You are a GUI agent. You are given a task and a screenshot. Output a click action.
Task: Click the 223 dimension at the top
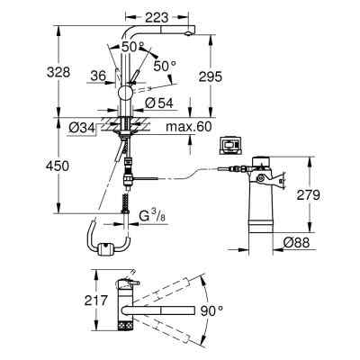click(x=157, y=18)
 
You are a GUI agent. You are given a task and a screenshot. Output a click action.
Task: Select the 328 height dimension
click(x=58, y=72)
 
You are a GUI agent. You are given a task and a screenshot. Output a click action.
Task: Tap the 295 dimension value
click(x=211, y=76)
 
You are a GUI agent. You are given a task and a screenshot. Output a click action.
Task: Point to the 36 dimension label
click(x=99, y=76)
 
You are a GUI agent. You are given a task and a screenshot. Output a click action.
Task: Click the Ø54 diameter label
click(x=159, y=103)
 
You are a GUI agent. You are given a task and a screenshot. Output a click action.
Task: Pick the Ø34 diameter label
click(x=81, y=128)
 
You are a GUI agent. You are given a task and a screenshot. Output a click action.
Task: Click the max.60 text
click(x=189, y=127)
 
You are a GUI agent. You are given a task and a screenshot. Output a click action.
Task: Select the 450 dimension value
click(x=58, y=166)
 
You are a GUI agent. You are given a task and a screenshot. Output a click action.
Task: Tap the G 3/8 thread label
click(x=153, y=216)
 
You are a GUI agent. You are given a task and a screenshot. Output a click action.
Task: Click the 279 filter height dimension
click(x=309, y=195)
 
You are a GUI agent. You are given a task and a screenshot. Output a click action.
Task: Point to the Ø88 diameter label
click(x=297, y=242)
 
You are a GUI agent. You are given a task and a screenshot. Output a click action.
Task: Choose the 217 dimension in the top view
click(x=95, y=301)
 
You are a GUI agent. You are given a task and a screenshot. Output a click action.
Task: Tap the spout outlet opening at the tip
click(x=188, y=33)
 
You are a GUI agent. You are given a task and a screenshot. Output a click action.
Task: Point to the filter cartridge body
click(x=260, y=207)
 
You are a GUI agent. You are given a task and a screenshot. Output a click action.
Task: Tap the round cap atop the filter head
click(x=260, y=161)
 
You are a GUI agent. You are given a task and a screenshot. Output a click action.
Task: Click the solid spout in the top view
click(x=159, y=310)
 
